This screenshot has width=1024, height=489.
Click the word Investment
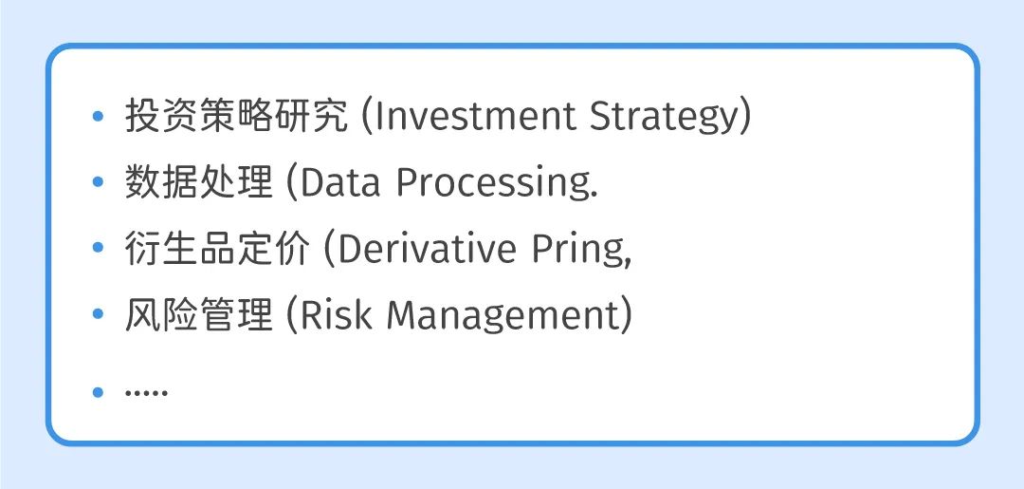[x=475, y=117]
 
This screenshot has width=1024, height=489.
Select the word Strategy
[x=665, y=119]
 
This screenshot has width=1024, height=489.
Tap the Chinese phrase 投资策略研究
[x=236, y=117]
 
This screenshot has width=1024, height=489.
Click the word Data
[x=340, y=183]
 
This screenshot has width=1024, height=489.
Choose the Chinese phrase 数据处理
[x=198, y=183]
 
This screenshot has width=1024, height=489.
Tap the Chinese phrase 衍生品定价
[x=217, y=249]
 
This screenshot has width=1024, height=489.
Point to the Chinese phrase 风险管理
[x=198, y=315]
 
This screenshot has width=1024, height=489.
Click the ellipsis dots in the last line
[x=146, y=392]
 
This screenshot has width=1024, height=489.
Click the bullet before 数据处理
[x=98, y=183]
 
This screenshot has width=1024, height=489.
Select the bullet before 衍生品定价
[x=98, y=249]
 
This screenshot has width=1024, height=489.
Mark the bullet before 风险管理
[x=98, y=315]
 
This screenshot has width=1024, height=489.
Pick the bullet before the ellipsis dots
[x=98, y=392]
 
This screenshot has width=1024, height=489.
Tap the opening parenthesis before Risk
[x=293, y=316]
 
